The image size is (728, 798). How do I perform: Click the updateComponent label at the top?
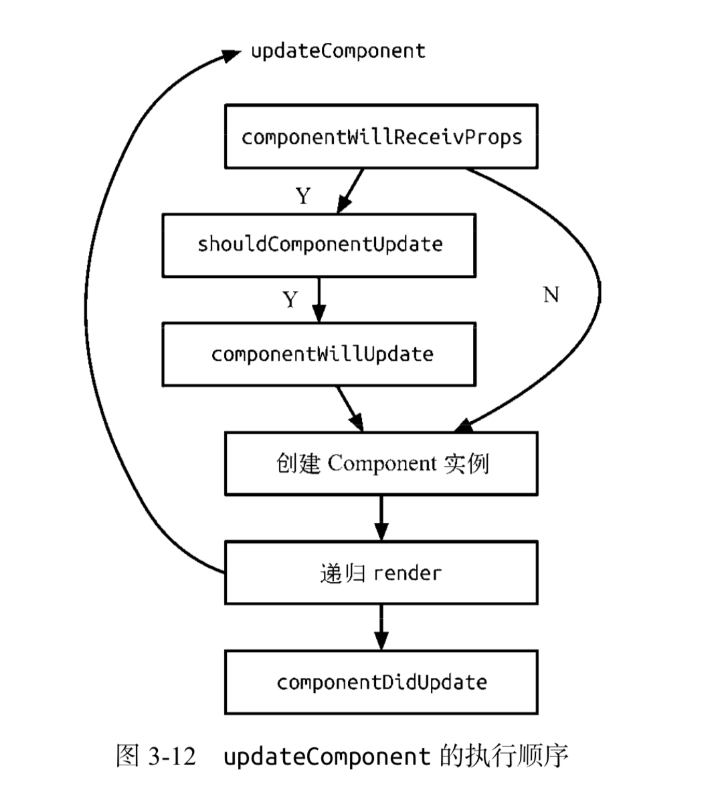339,52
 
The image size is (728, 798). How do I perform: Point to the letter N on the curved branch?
551,295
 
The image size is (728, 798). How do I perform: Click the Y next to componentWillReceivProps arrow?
303,196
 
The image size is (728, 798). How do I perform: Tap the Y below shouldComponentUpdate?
290,299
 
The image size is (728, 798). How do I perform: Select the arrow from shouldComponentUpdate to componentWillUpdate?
319,300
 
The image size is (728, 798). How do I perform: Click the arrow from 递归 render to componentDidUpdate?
381,627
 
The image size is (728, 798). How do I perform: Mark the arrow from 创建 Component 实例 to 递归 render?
381,518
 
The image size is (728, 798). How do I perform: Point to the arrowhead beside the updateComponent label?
232,54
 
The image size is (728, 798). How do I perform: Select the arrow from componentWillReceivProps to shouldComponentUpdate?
351,191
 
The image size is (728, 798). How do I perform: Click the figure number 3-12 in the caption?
172,756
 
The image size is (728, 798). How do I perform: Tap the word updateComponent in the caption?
327,756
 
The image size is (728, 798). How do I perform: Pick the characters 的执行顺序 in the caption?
504,756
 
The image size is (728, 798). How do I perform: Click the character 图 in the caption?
127,756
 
